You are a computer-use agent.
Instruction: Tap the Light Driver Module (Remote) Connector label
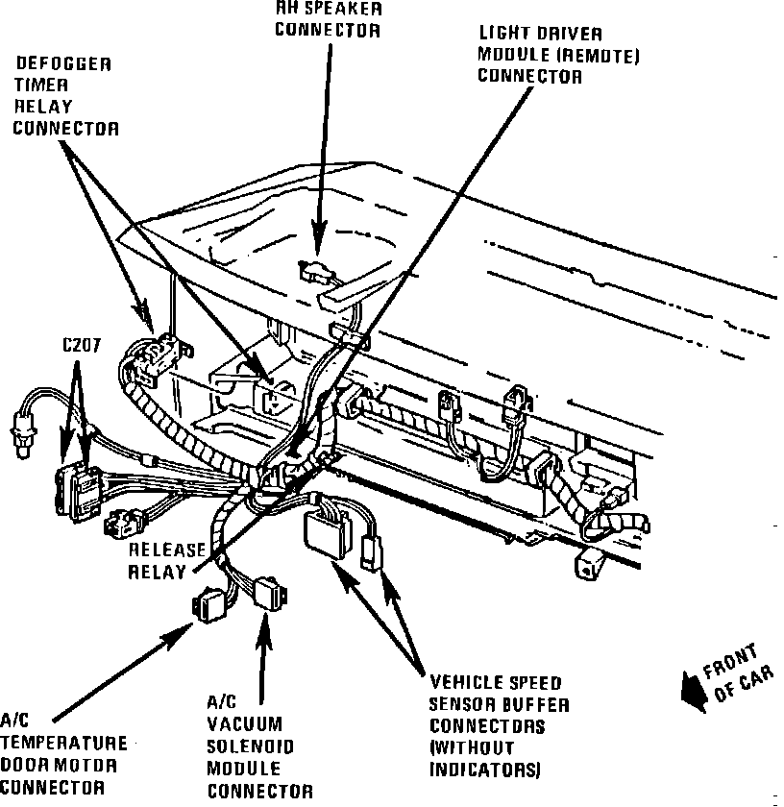(x=558, y=56)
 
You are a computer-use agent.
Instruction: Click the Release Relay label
(x=167, y=561)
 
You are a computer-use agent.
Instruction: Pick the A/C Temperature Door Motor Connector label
(x=63, y=753)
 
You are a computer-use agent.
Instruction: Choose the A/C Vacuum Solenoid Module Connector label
(x=259, y=746)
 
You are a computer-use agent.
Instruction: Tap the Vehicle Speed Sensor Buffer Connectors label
(x=499, y=726)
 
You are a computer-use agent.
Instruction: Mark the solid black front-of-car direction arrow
(x=691, y=690)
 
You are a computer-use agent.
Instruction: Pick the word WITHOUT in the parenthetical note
(x=472, y=748)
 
